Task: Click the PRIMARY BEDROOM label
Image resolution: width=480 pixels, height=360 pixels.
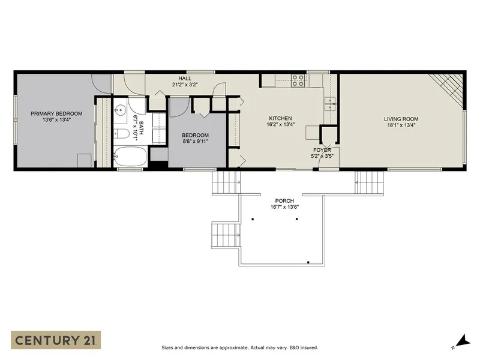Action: click(x=56, y=113)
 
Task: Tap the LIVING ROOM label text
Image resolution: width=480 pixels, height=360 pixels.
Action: click(x=401, y=119)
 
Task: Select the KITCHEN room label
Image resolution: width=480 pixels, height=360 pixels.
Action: click(x=280, y=118)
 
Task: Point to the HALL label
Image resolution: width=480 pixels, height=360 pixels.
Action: click(x=185, y=78)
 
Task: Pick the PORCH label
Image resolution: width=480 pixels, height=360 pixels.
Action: click(x=284, y=200)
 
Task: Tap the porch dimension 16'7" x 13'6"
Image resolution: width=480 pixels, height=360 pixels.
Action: click(x=284, y=207)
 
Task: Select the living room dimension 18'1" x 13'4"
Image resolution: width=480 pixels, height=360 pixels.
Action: click(x=401, y=125)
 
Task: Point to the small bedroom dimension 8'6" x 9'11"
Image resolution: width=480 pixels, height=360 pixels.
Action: click(x=195, y=142)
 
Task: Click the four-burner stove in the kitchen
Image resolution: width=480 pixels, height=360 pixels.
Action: click(x=298, y=80)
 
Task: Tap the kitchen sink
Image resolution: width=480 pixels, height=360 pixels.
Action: click(x=329, y=104)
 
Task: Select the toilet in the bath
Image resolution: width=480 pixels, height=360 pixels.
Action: click(x=121, y=133)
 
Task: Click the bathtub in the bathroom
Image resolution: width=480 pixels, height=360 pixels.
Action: click(x=129, y=158)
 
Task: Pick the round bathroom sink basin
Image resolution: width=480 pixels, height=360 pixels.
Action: click(x=120, y=110)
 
